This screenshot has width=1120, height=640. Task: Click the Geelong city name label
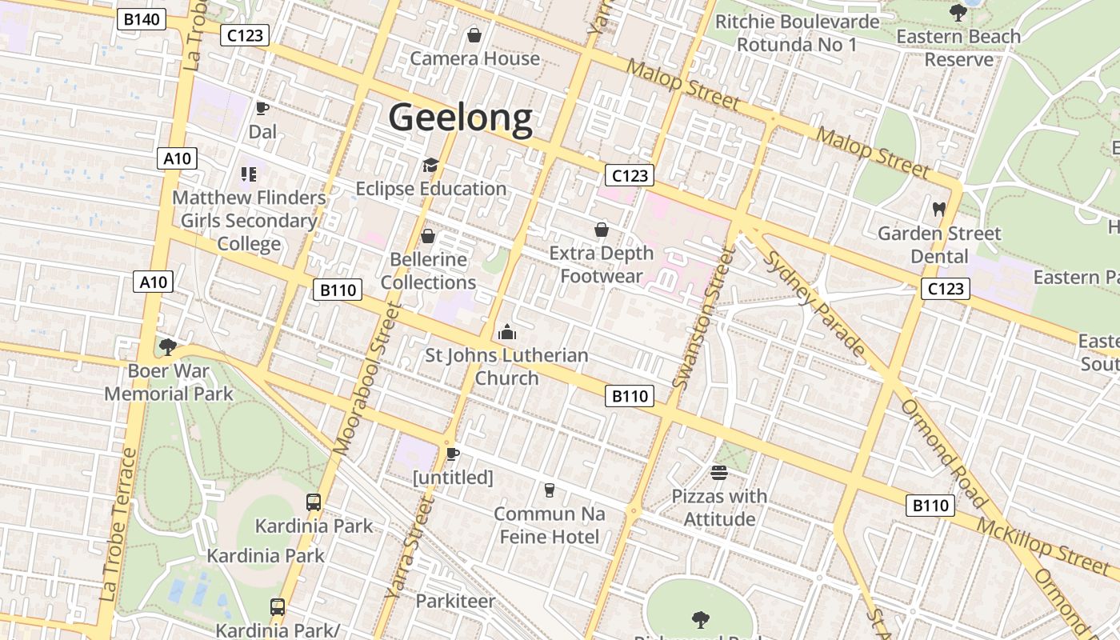coord(460,118)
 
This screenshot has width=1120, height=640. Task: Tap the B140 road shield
coord(141,19)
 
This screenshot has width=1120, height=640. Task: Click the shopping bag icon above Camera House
coord(474,35)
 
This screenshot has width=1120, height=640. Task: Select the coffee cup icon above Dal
coord(262,108)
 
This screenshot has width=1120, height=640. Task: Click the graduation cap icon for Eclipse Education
coord(430,166)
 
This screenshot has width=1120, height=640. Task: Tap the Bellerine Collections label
coord(428,271)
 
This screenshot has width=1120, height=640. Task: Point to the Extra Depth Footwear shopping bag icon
coord(602,230)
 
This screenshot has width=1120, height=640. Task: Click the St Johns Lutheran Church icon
coord(507,332)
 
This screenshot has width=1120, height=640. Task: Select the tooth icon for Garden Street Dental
coord(939,210)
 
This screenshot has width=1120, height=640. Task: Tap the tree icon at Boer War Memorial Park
coord(168,347)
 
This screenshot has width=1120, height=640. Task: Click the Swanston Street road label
coord(705,318)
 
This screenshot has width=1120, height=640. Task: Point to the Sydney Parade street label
coord(814,302)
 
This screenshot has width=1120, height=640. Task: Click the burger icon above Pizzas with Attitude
coord(718,473)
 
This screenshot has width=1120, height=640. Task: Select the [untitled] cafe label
coord(453,478)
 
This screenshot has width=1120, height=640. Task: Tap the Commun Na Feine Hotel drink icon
coord(550,490)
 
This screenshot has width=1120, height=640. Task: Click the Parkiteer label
coord(455,600)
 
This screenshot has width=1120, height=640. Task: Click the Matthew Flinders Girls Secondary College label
coord(249,221)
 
